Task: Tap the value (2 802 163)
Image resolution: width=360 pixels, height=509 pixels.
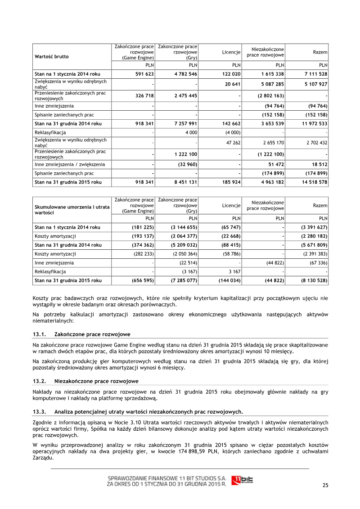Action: click(270, 95)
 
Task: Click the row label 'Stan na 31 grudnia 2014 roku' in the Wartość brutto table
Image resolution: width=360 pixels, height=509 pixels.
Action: click(68, 123)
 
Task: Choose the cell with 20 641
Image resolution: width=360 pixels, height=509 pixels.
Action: click(232, 84)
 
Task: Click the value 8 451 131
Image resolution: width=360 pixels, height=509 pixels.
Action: click(184, 182)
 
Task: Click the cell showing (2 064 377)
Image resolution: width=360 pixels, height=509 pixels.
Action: click(183, 236)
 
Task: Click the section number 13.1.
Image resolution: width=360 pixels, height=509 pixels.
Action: click(40, 335)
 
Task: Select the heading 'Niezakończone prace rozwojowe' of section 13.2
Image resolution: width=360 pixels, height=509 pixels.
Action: click(96, 381)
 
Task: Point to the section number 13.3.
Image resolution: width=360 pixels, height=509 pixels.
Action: click(40, 411)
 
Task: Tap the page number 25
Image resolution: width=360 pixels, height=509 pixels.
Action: click(325, 484)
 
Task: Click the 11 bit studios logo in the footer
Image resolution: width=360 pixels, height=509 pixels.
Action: click(242, 480)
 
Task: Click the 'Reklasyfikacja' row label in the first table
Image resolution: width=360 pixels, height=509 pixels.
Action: click(50, 133)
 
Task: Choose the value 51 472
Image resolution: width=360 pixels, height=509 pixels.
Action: click(274, 164)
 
